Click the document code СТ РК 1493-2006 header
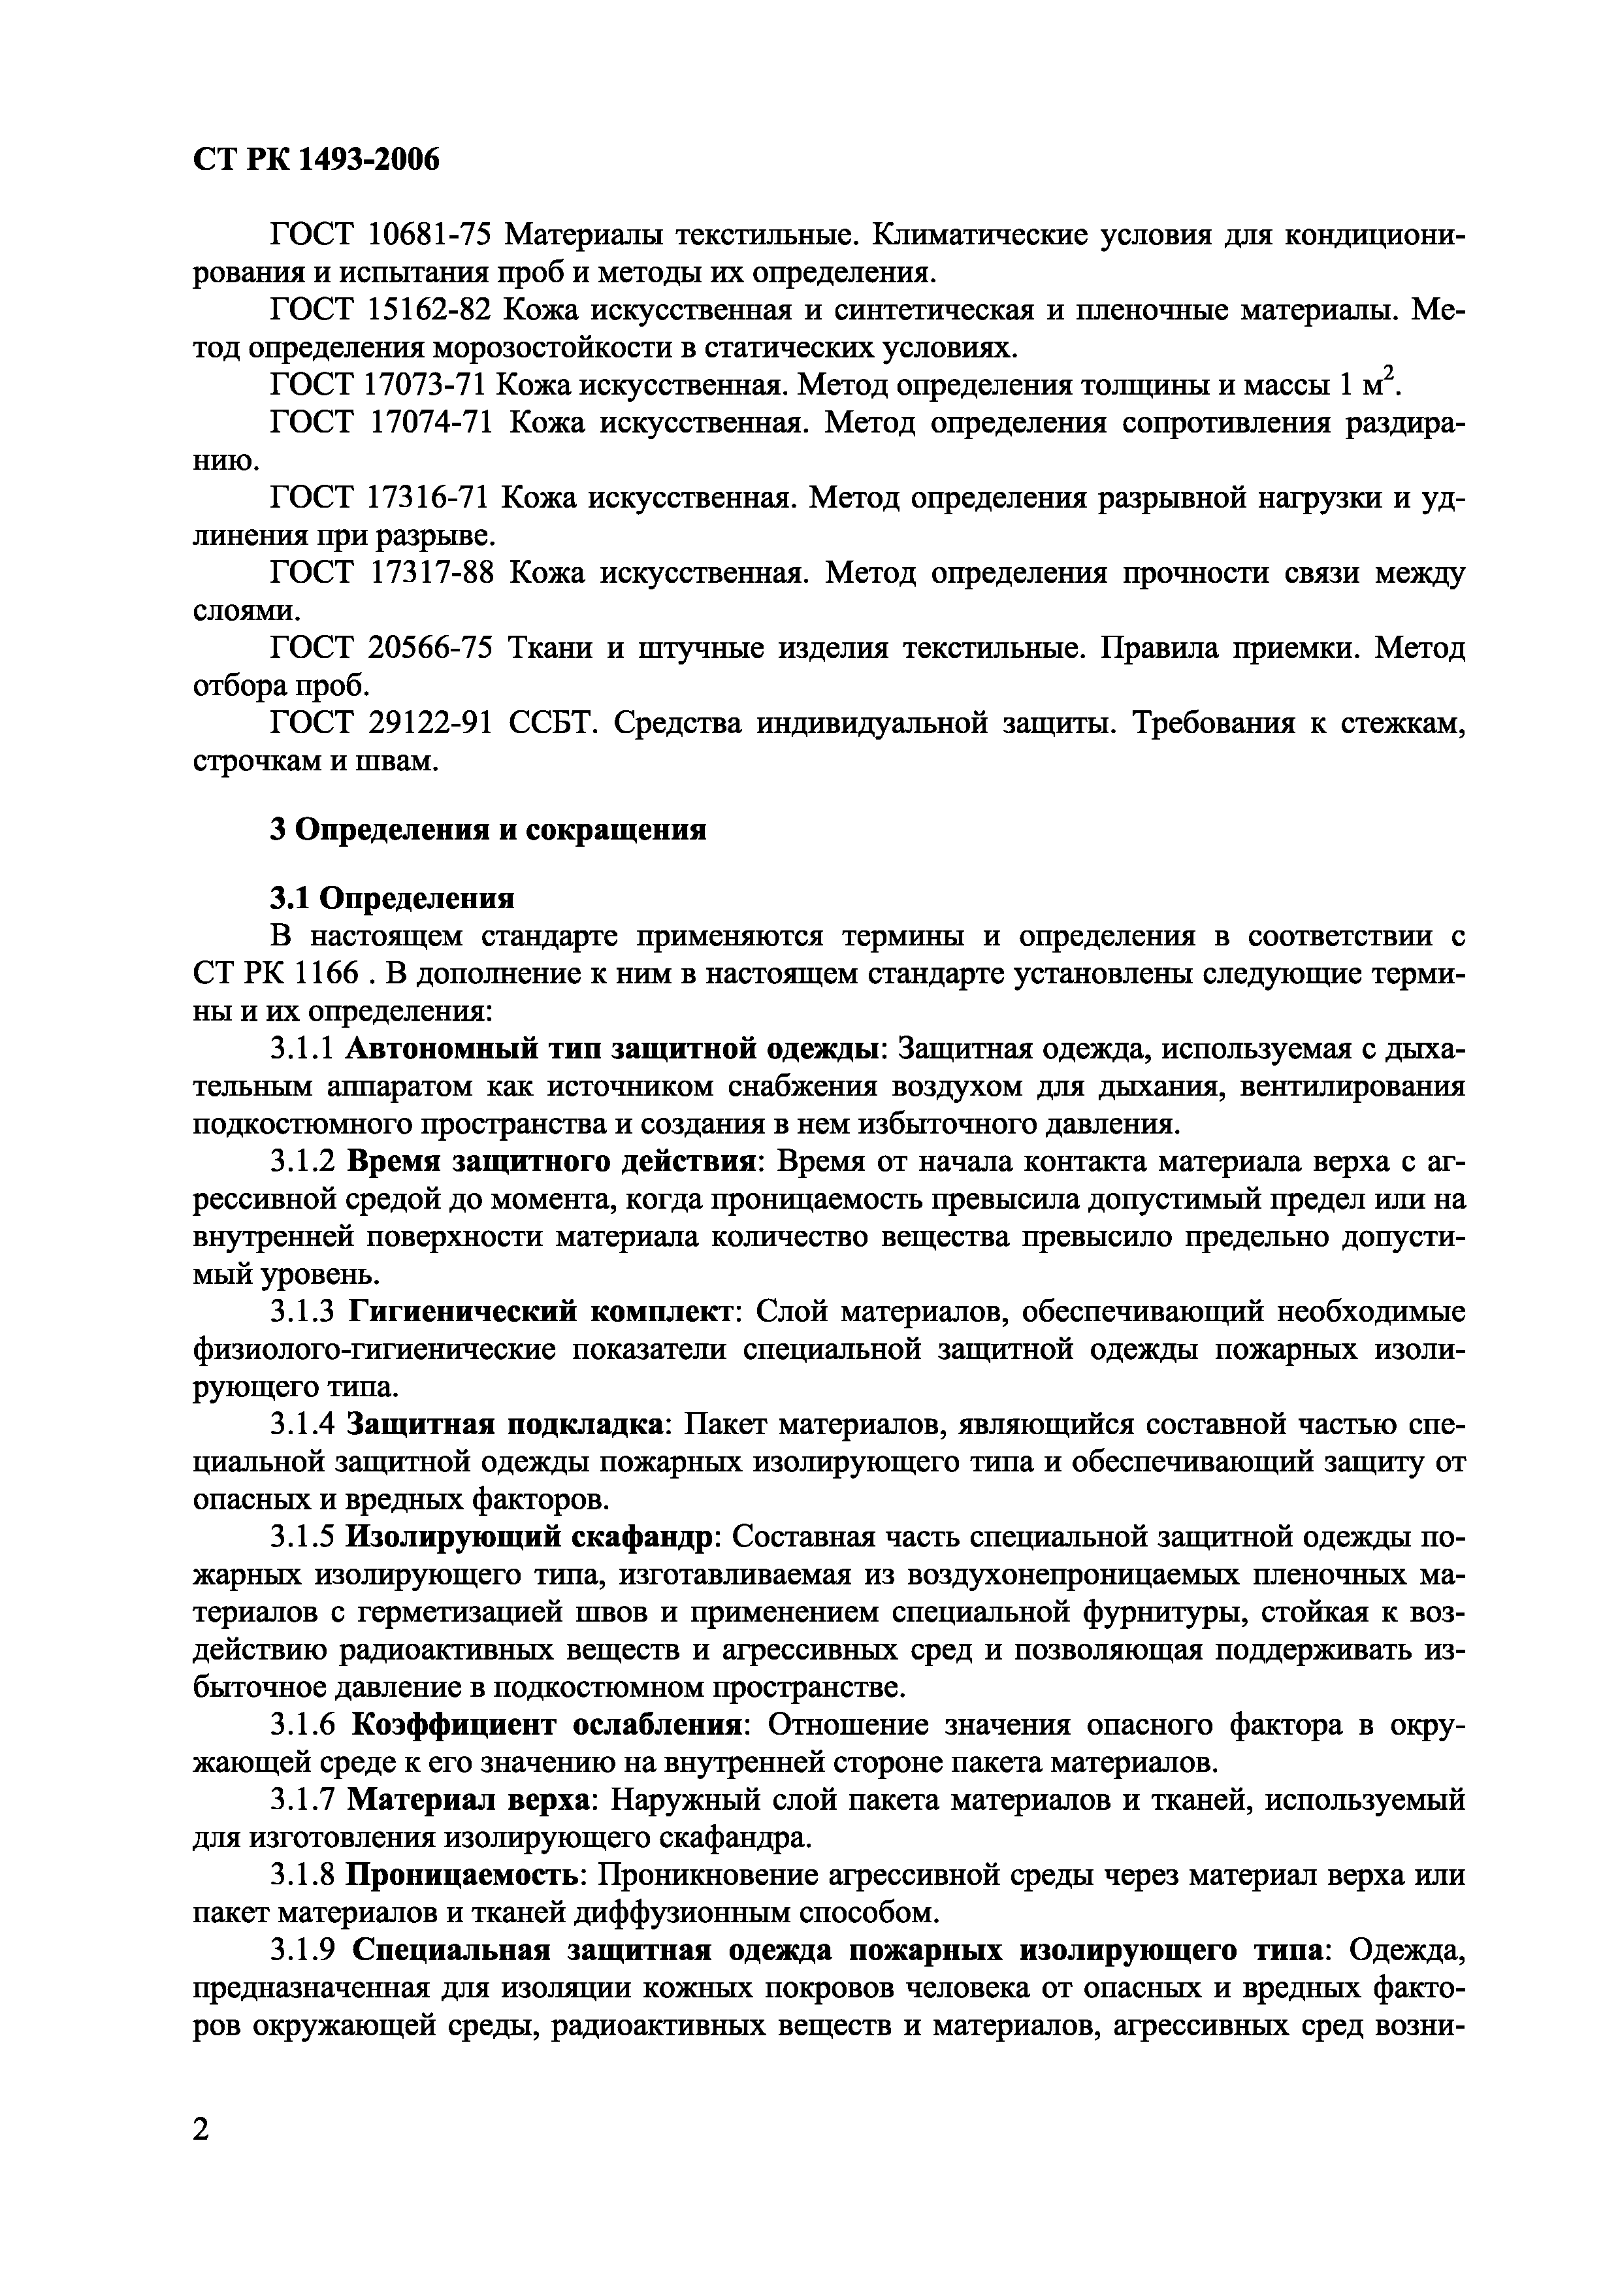[316, 159]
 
